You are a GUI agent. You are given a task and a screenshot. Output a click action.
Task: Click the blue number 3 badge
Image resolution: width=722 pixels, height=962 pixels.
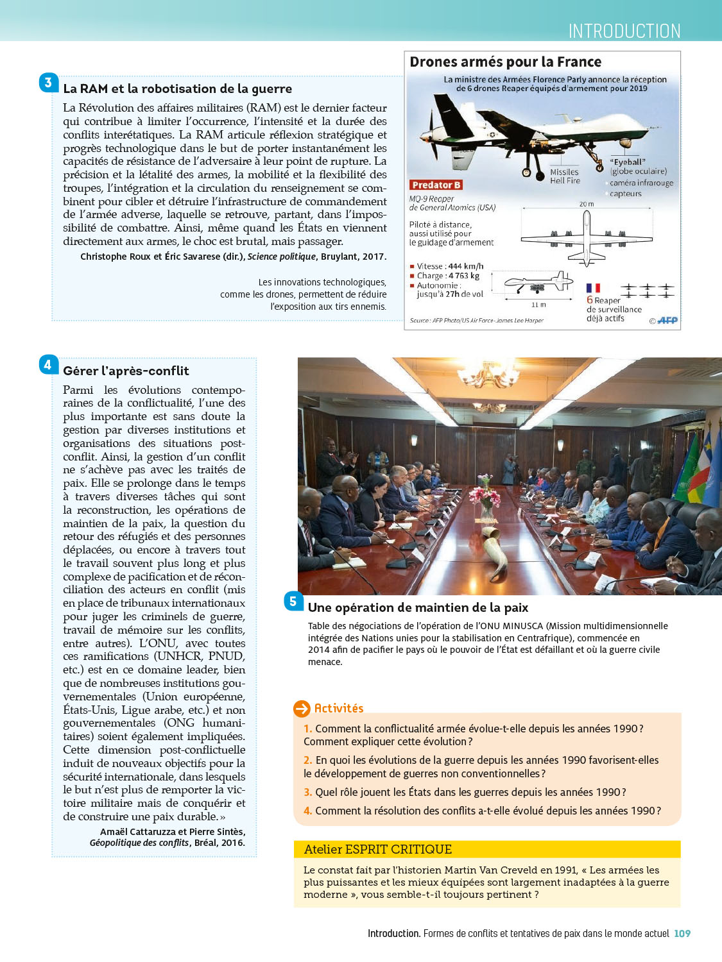coord(48,83)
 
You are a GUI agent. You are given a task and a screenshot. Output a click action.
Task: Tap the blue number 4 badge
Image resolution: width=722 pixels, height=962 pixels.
coord(48,365)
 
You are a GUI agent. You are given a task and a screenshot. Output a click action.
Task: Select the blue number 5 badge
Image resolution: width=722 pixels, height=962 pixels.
coord(293,601)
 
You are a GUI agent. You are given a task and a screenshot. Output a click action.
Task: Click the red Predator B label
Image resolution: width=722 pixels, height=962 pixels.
coord(436,185)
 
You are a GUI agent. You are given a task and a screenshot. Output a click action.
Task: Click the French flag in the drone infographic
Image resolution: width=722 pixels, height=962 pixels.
coord(594,289)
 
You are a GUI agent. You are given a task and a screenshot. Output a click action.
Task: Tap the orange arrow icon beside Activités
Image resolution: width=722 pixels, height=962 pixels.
coord(302,709)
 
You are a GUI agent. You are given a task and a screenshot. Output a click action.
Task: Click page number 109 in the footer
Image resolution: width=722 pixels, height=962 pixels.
coord(682,934)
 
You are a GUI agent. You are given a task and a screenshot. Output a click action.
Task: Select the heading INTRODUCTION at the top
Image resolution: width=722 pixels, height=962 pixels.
coord(624,31)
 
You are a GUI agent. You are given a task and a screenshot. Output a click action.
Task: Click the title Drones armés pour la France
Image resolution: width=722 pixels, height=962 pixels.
coord(506,62)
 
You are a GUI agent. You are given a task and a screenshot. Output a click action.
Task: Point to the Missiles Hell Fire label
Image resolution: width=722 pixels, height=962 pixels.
coord(565,176)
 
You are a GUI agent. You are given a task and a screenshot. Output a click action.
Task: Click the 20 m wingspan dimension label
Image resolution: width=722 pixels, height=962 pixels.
coord(587,204)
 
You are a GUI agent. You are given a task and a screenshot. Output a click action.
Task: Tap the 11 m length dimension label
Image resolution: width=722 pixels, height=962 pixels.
coord(538,305)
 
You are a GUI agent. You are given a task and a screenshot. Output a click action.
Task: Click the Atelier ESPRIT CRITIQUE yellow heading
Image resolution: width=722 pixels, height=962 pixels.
coord(378,849)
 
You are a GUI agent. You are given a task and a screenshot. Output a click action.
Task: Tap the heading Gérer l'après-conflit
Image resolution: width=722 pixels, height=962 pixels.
coord(126,371)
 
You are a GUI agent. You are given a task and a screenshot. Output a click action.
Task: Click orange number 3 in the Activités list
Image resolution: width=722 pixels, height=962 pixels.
coord(307,792)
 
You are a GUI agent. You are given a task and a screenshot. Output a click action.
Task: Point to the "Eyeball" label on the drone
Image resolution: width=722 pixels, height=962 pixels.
coord(628,162)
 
